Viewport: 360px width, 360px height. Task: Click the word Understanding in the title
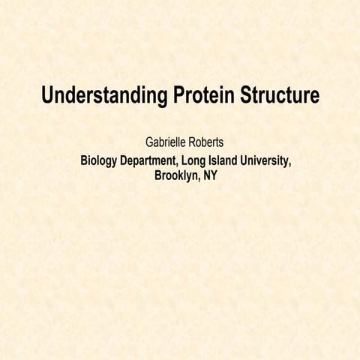point(103,97)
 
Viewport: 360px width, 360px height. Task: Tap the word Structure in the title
point(280,97)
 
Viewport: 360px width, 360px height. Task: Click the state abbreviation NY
point(210,176)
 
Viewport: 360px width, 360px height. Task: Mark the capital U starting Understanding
point(48,97)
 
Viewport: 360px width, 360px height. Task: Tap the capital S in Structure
point(247,97)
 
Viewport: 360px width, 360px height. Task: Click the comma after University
point(290,165)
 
